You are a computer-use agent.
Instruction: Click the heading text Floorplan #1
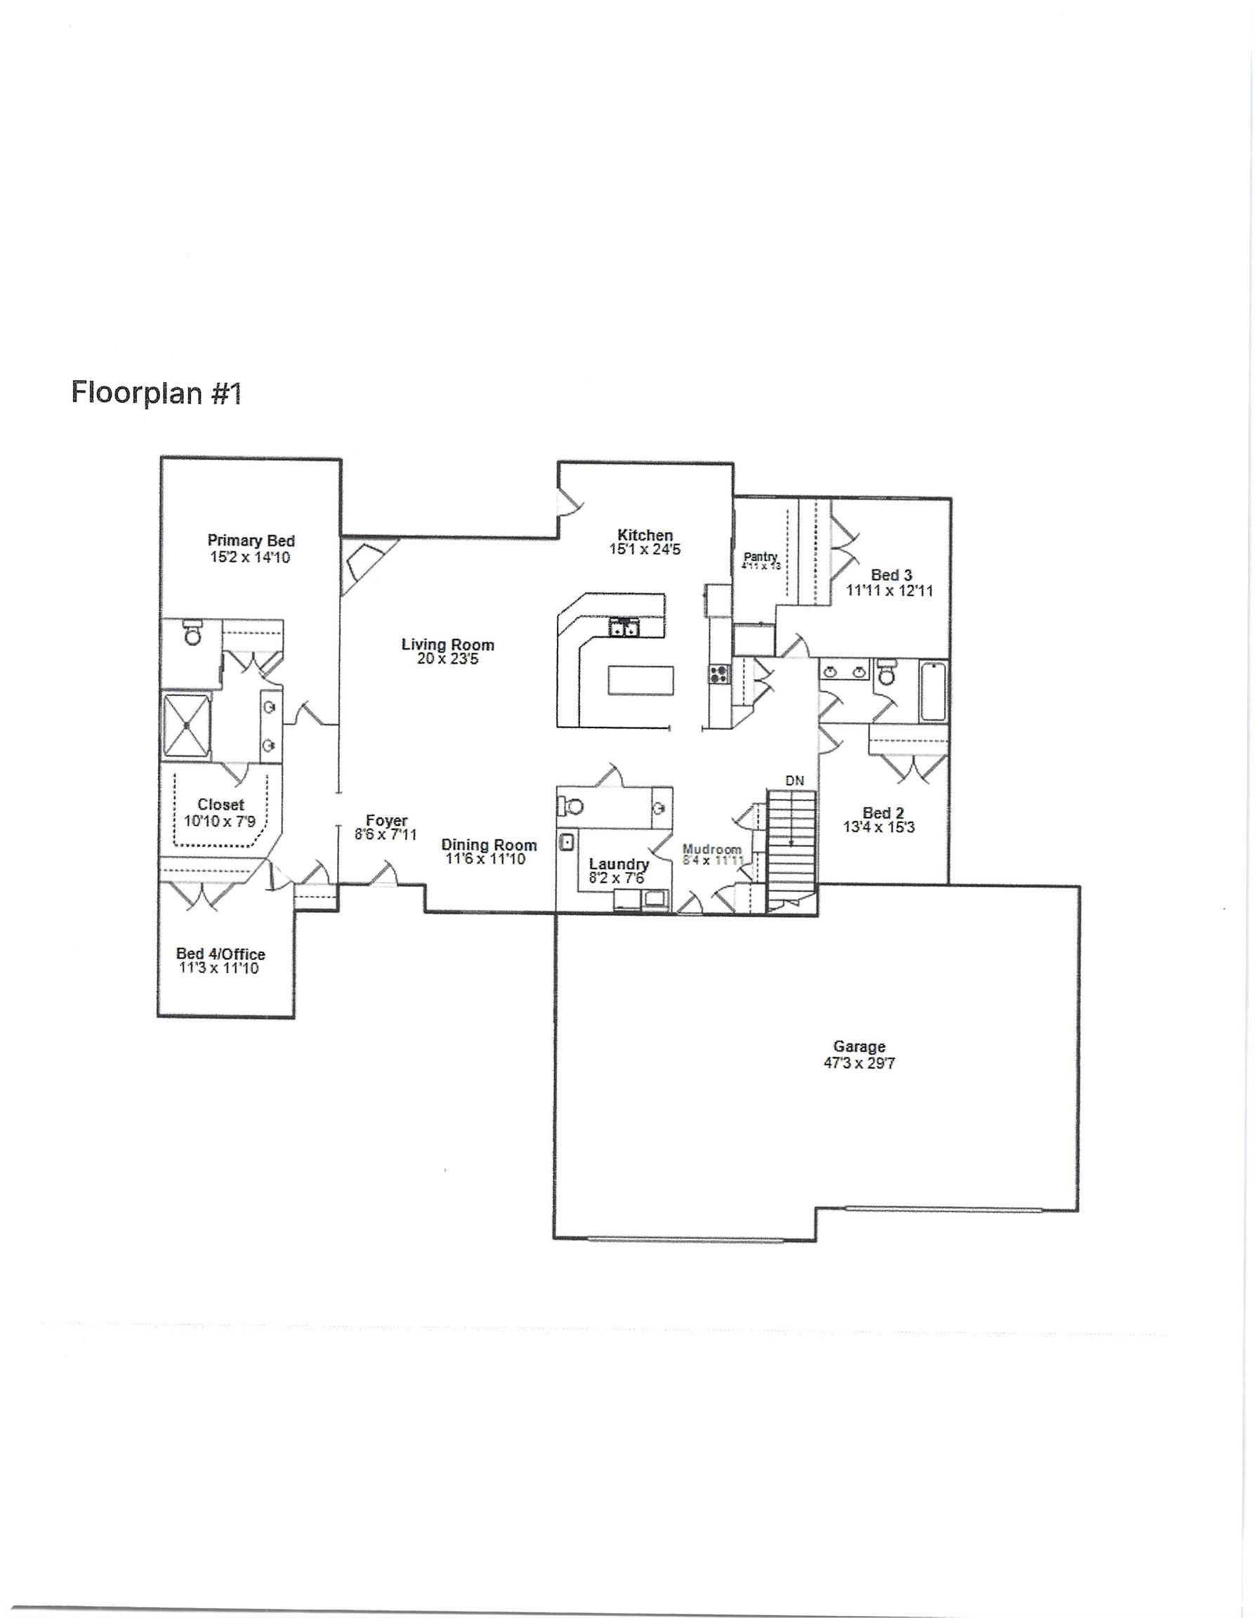157,393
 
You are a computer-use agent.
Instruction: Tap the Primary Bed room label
251,541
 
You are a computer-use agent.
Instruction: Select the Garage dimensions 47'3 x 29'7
859,1063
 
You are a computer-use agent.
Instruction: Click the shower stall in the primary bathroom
187,725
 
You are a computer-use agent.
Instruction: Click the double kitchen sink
623,629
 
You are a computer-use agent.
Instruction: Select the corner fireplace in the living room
364,566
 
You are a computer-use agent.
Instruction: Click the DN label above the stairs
794,780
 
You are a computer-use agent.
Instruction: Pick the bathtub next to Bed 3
933,692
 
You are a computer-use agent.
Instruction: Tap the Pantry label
760,556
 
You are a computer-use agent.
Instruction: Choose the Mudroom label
711,849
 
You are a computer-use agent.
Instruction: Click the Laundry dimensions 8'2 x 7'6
617,878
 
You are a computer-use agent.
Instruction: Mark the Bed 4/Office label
220,954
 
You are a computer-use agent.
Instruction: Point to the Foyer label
387,821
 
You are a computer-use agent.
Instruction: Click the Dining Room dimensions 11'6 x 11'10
485,860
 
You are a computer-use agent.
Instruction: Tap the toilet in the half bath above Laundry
570,805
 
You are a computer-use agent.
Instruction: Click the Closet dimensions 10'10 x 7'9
220,821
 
